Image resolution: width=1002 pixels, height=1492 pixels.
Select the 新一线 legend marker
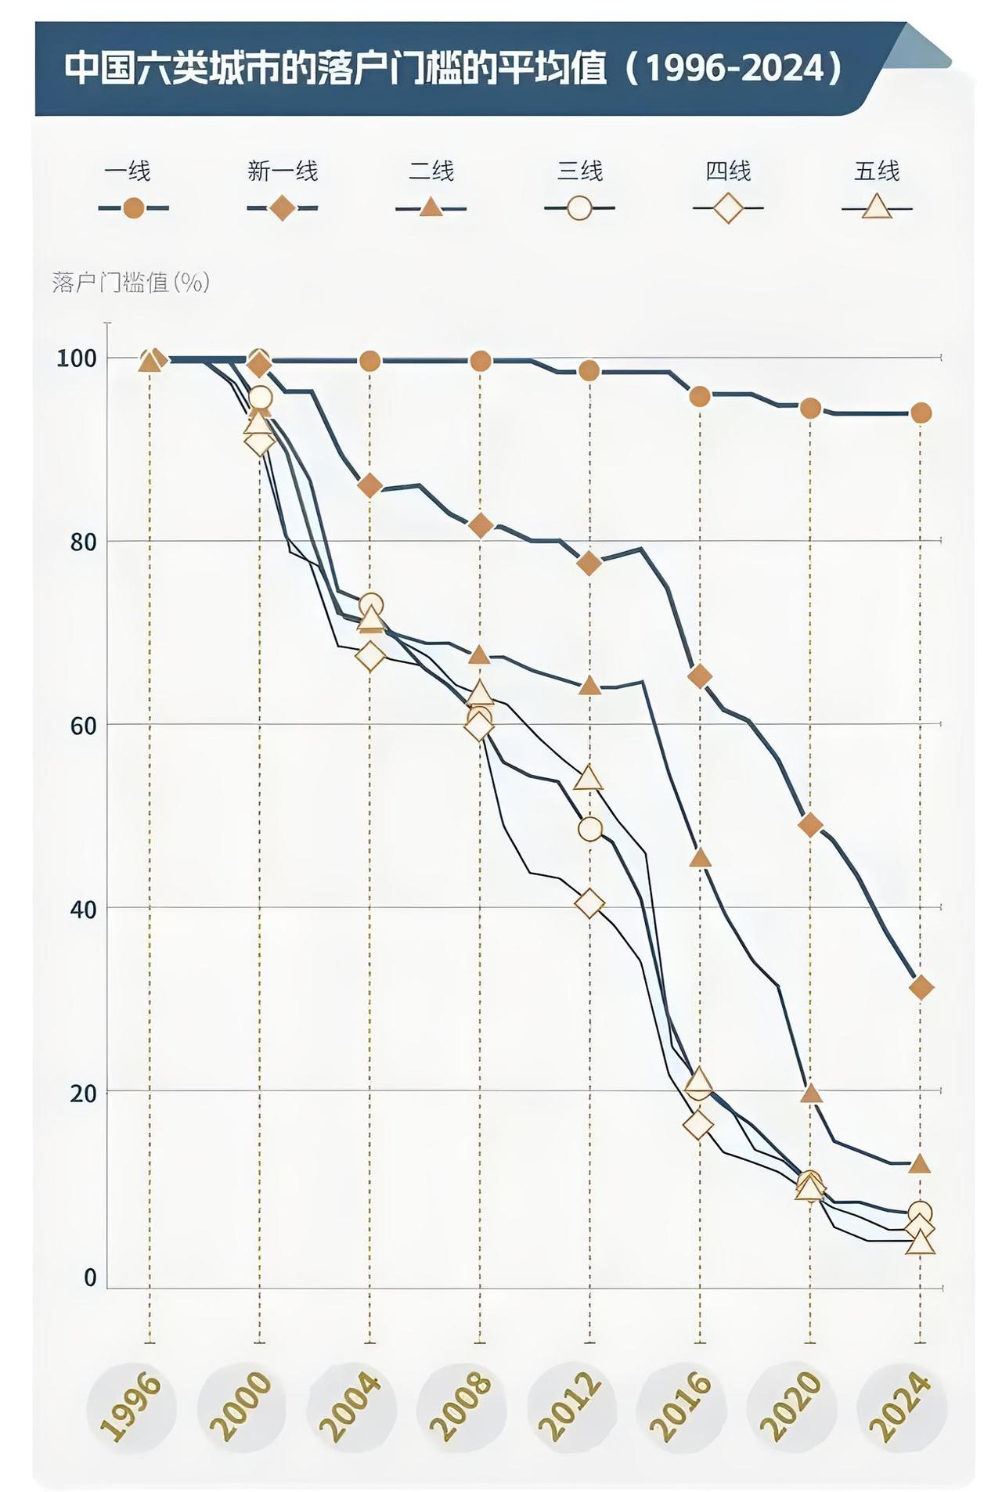click(x=282, y=208)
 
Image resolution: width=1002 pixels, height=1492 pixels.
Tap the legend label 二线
click(x=431, y=171)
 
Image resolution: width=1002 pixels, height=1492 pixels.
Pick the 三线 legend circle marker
click(x=579, y=208)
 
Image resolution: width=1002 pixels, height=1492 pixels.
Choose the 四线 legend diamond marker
click(x=728, y=208)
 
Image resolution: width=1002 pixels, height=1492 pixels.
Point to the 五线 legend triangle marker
click(x=877, y=207)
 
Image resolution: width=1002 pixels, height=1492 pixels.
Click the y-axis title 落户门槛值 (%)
click(x=131, y=282)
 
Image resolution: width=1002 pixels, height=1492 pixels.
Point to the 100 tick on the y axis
click(x=76, y=359)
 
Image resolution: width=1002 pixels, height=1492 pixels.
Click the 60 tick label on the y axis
click(x=83, y=726)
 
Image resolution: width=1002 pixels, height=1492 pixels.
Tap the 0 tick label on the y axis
click(x=90, y=1278)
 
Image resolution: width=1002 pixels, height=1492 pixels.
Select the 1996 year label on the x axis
click(x=132, y=1407)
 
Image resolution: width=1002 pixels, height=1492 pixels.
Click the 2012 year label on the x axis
click(x=572, y=1407)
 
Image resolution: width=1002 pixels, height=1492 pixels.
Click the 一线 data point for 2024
click(x=921, y=413)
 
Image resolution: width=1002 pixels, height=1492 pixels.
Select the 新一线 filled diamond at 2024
click(x=921, y=988)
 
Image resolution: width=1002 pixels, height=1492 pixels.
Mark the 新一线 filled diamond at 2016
click(x=700, y=676)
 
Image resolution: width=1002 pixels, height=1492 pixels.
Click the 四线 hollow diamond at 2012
click(x=589, y=904)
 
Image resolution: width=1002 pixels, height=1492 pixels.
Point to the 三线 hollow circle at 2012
click(x=590, y=829)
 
